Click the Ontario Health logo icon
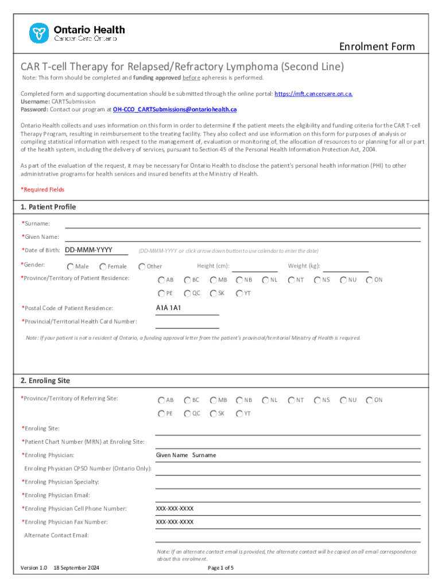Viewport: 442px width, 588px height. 39,33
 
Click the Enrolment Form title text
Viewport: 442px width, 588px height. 377,47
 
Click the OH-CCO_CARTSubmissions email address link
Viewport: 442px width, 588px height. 175,109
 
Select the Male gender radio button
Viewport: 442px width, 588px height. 70,266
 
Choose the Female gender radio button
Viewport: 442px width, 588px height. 103,266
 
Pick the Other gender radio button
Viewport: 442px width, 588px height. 142,266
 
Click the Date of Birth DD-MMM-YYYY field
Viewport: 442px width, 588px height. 88,250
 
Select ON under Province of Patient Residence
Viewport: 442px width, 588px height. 370,280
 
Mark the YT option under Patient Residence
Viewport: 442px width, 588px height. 239,293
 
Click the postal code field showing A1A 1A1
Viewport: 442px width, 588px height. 187,309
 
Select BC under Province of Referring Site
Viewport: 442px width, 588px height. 187,400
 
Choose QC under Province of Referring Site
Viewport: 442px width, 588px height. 187,413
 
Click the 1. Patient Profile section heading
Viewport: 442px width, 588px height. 48,207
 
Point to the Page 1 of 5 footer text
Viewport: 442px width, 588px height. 220,568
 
